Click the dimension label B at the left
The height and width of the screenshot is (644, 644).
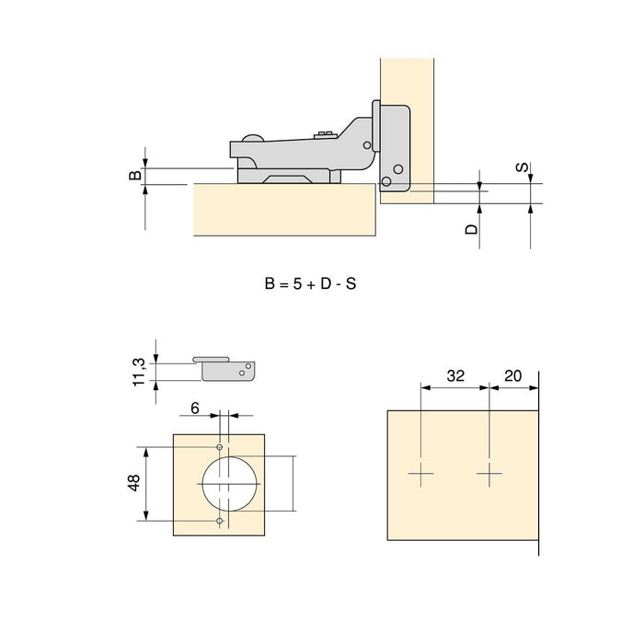[x=134, y=175]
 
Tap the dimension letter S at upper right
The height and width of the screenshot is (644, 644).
[x=522, y=168]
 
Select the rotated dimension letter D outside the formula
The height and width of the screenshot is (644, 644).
[x=471, y=229]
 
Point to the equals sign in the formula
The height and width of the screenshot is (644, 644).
[x=282, y=284]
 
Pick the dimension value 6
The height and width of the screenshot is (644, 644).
[x=194, y=407]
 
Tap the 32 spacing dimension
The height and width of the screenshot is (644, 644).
[x=454, y=375]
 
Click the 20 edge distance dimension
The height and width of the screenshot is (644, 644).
[x=513, y=375]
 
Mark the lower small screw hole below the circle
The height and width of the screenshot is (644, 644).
[x=220, y=521]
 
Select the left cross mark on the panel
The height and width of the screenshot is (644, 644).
[x=420, y=476]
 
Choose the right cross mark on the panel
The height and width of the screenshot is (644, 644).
[x=489, y=476]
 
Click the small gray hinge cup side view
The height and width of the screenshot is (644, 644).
[x=226, y=367]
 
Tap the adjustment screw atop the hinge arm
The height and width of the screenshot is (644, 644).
[x=323, y=136]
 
